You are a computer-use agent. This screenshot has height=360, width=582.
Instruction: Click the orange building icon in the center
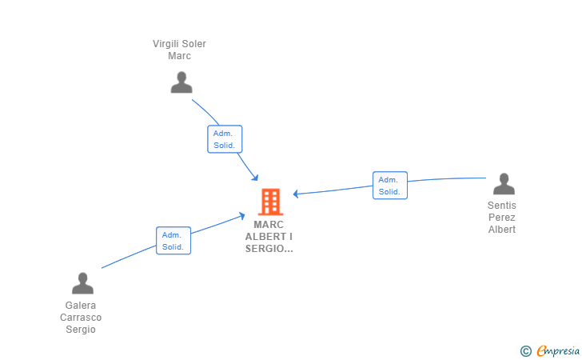click(270, 202)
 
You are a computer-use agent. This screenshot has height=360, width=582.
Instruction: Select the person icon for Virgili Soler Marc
click(181, 82)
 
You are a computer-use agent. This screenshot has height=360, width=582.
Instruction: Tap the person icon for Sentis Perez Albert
click(504, 184)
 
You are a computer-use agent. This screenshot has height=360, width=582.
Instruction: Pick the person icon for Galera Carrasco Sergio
click(82, 283)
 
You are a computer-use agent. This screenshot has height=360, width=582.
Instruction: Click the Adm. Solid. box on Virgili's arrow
click(225, 139)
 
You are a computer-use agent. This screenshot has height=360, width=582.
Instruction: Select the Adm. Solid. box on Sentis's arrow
click(390, 186)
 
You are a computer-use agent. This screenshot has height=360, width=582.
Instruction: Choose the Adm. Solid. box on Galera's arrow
click(173, 241)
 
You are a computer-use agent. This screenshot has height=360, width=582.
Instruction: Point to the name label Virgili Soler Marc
click(179, 50)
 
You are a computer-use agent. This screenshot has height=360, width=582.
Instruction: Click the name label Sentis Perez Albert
click(502, 218)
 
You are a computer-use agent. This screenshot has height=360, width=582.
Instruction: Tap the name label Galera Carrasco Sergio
click(81, 318)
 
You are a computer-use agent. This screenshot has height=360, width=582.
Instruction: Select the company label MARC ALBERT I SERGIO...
click(269, 237)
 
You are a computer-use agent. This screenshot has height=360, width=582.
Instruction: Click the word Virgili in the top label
click(167, 44)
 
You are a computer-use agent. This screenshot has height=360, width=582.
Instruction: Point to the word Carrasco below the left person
click(81, 318)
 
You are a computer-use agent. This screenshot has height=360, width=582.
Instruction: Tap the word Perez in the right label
click(502, 218)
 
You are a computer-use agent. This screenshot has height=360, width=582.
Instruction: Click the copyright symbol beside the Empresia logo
click(525, 350)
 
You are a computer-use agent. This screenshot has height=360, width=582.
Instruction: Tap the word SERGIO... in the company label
click(269, 249)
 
